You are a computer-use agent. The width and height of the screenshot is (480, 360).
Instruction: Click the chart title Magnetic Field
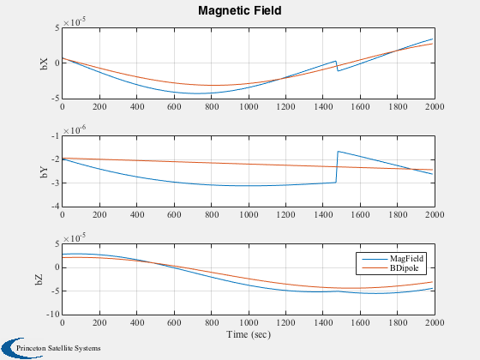[240, 10]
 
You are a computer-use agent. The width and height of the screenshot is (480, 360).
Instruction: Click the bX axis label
[44, 63]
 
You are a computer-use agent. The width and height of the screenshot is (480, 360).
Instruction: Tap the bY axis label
[44, 171]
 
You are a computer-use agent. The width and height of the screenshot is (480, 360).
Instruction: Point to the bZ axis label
[39, 279]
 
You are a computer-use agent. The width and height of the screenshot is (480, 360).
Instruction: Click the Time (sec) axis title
[249, 334]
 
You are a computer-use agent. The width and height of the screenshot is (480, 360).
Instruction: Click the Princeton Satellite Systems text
[58, 348]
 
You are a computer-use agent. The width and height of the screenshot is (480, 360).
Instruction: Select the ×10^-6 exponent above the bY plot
[75, 130]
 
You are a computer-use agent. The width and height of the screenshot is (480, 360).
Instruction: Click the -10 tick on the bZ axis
[53, 315]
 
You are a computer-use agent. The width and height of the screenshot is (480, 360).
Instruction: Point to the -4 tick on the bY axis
[56, 207]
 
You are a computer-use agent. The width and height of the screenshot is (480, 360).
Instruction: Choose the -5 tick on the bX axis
[56, 99]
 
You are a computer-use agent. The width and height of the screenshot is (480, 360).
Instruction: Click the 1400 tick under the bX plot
[323, 106]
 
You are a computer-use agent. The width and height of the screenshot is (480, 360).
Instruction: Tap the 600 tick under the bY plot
[174, 214]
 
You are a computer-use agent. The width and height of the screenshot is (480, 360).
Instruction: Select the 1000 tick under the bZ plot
[249, 322]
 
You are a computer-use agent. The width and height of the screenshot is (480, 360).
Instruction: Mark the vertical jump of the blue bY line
[337, 167]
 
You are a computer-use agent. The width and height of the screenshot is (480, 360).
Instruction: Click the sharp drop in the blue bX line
[337, 66]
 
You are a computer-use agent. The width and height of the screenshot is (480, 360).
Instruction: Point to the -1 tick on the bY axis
[56, 136]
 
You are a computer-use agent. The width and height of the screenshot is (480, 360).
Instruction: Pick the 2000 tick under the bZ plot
[435, 322]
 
